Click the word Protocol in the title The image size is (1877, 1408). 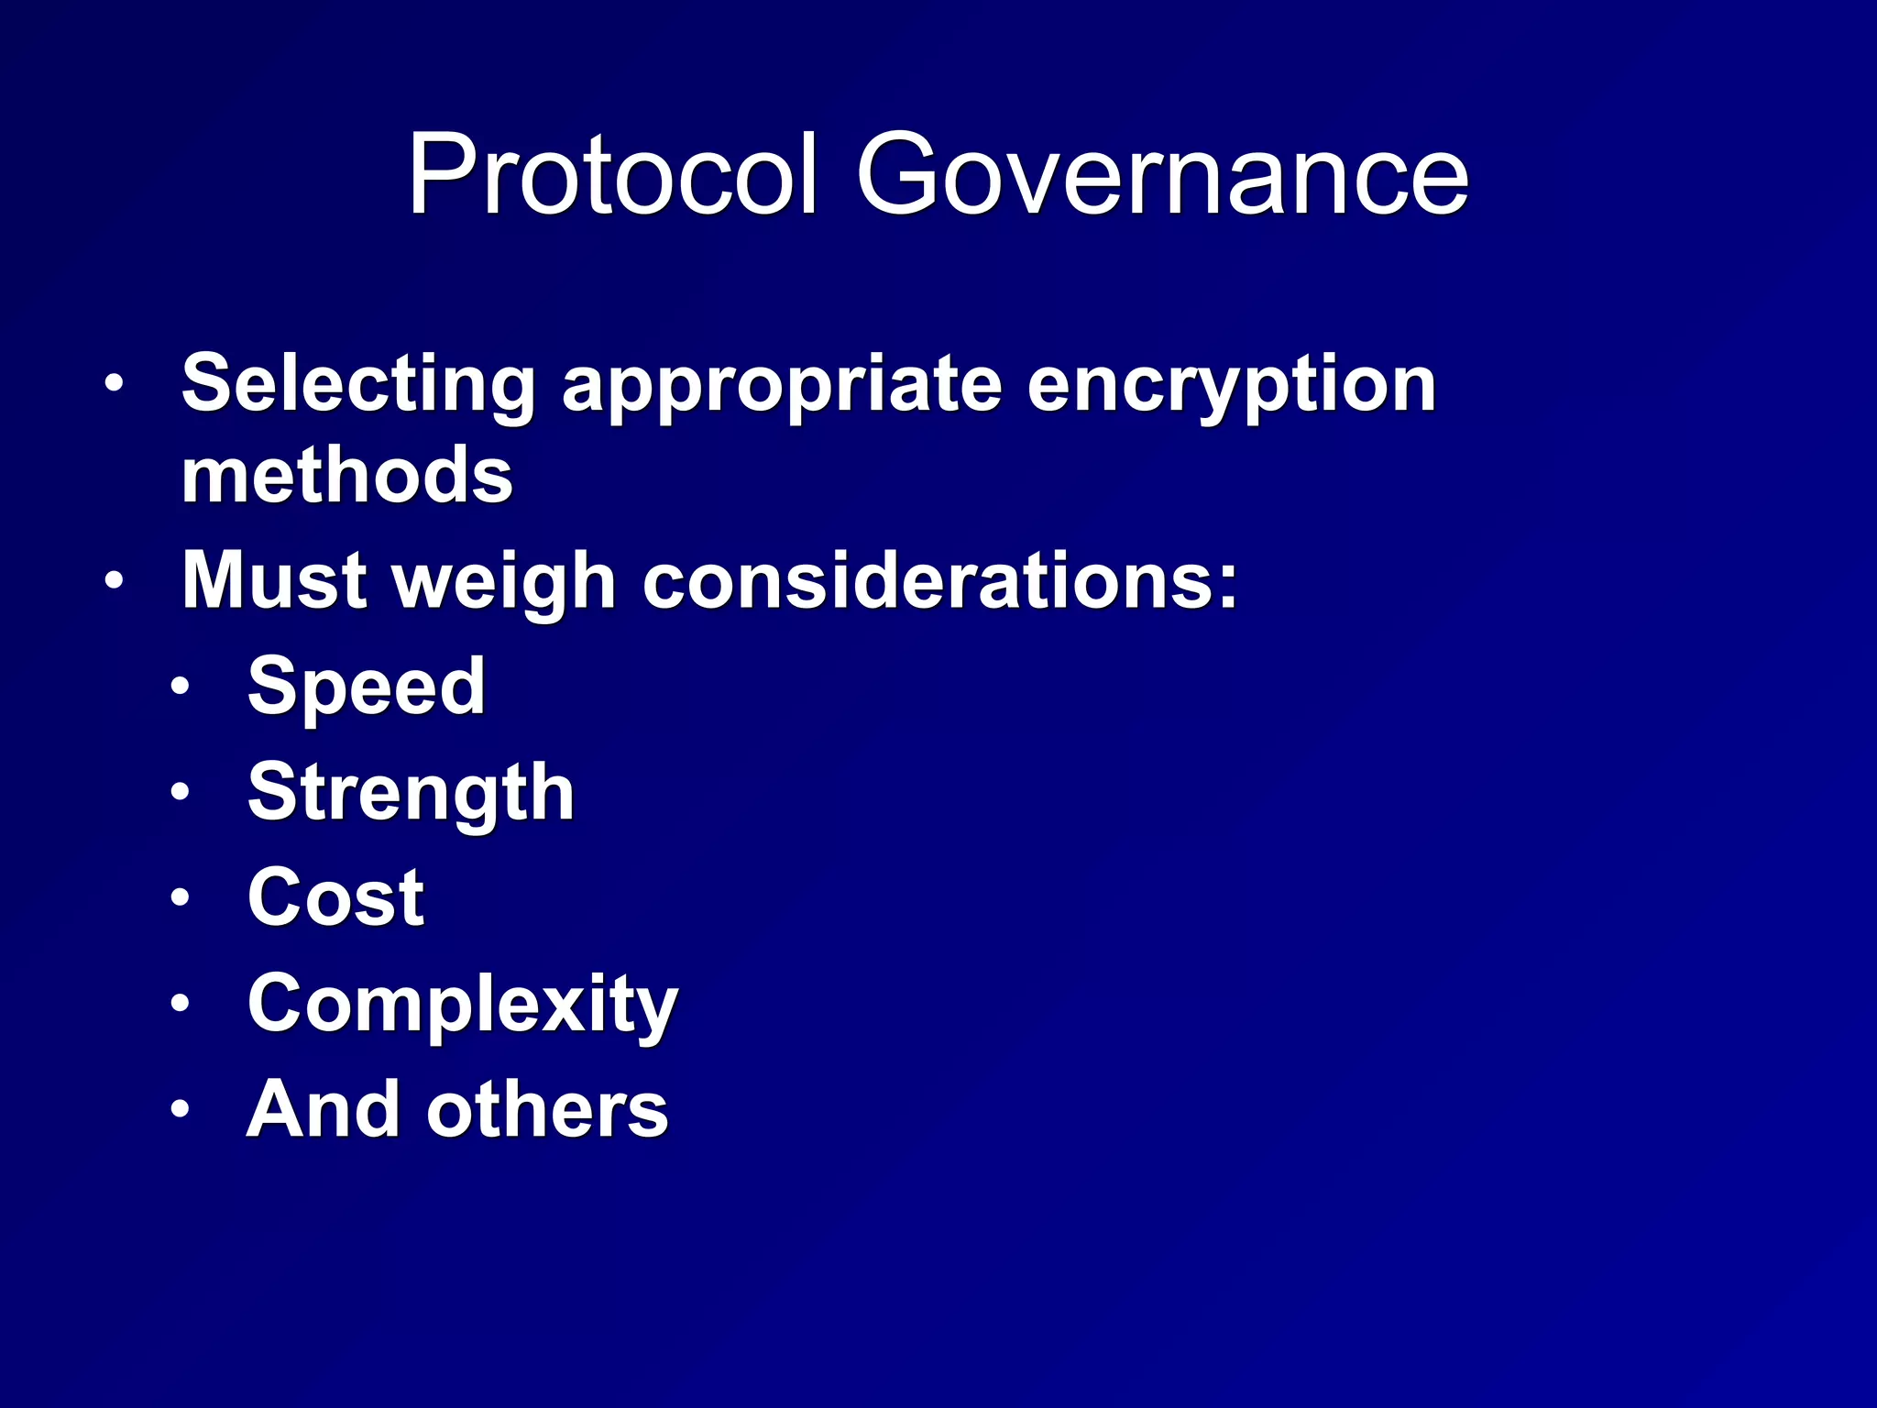(611, 174)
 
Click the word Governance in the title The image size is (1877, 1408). (1162, 174)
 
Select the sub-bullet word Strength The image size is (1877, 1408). (411, 794)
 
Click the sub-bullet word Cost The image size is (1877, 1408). (335, 897)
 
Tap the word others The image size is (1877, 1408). (547, 1109)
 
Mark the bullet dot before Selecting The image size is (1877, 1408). (113, 384)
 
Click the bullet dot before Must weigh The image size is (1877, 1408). (113, 580)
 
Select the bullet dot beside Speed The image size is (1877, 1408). (181, 686)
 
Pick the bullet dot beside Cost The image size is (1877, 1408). (181, 896)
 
